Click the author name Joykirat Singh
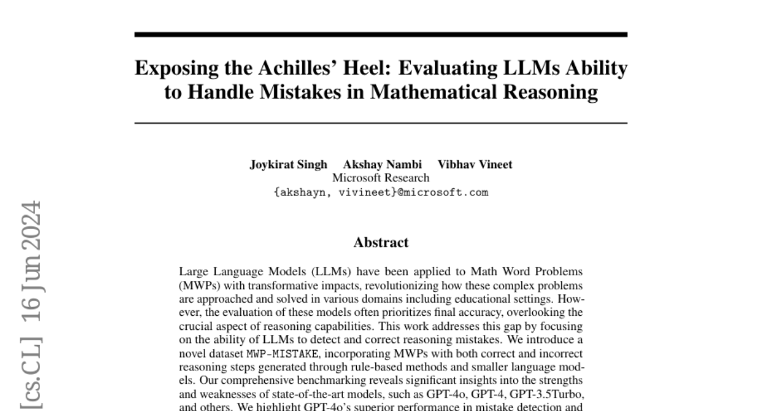[288, 164]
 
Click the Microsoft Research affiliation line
[381, 178]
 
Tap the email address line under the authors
[381, 192]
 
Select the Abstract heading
[381, 242]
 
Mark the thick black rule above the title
[381, 35]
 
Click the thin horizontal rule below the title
[381, 123]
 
